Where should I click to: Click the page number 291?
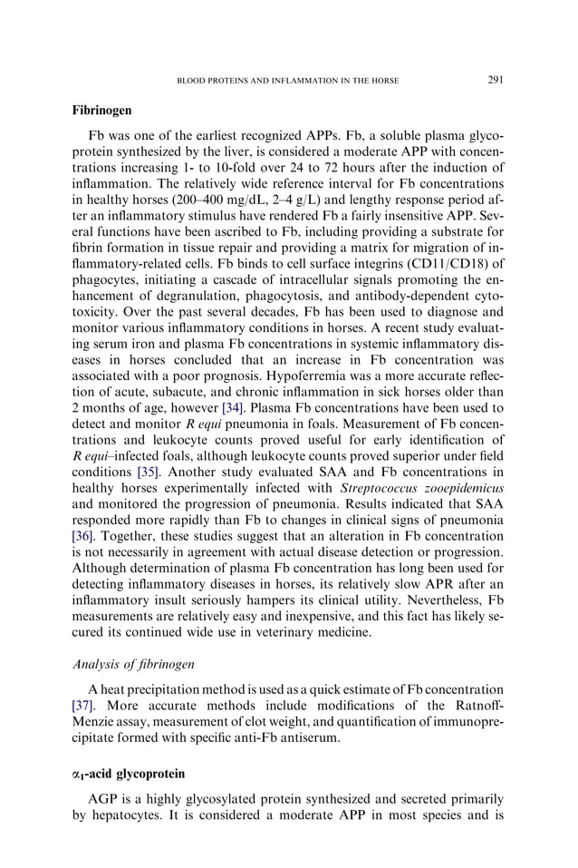coord(495,80)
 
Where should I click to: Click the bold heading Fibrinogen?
coord(101,110)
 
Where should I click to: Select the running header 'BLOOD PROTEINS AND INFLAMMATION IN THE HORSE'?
coord(286,80)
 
